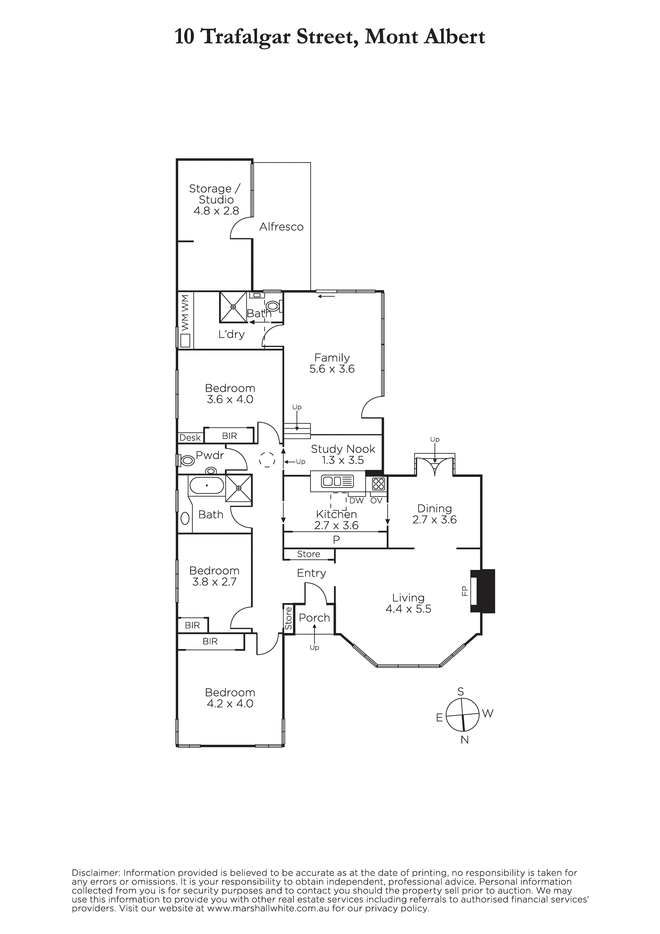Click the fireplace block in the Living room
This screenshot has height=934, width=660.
[x=483, y=591]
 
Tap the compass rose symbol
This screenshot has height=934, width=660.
[x=462, y=715]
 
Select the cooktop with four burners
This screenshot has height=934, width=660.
[x=378, y=484]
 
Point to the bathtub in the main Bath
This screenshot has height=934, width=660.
[x=206, y=485]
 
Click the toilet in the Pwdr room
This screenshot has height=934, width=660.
[x=187, y=460]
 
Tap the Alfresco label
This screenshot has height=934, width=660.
[x=282, y=227]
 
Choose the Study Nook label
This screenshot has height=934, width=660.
[x=343, y=449]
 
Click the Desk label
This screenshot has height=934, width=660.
[x=190, y=438]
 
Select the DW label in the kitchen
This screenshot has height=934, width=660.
[x=356, y=501]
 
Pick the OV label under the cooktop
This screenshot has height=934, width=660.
[x=376, y=501]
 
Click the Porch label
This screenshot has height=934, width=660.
[x=315, y=618]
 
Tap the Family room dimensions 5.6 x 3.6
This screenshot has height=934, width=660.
[x=332, y=369]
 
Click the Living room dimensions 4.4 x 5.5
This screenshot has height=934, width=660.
[x=409, y=609]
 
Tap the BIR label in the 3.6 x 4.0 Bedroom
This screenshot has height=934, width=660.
[x=230, y=436]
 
